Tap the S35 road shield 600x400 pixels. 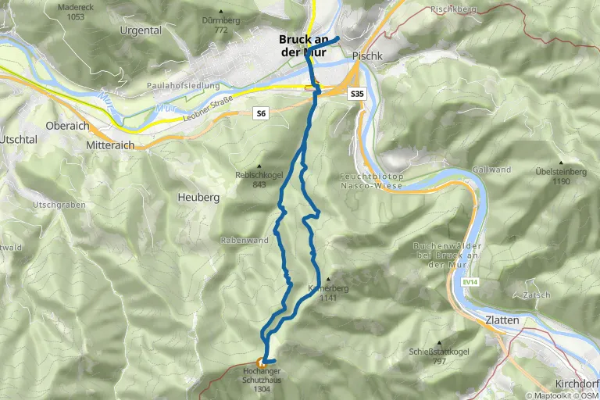[x=357, y=94]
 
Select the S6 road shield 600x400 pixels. [x=261, y=114]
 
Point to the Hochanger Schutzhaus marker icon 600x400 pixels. [x=261, y=362]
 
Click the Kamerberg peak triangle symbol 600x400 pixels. [x=328, y=278]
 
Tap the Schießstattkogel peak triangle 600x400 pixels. [x=439, y=342]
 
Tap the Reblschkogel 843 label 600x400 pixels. [x=257, y=180]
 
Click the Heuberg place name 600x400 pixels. [x=198, y=198]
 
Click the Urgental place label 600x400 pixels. [x=141, y=30]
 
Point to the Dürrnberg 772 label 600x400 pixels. [x=220, y=25]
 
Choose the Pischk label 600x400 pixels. [x=366, y=56]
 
